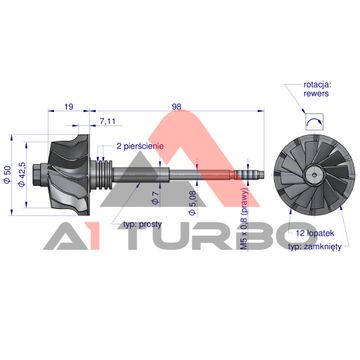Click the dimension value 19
click(x=68, y=107)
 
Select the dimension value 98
click(x=176, y=107)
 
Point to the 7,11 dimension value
click(x=107, y=121)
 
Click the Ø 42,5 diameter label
click(x=22, y=175)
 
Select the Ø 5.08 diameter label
click(x=192, y=203)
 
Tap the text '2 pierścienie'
click(x=140, y=146)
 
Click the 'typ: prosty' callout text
click(x=142, y=224)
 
